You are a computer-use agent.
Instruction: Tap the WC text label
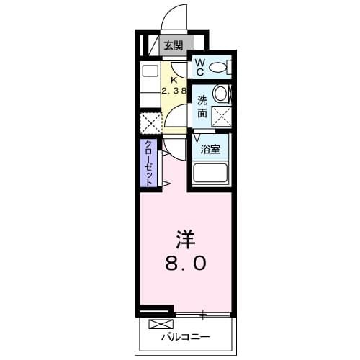(x=199, y=68)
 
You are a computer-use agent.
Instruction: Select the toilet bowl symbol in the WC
(x=219, y=68)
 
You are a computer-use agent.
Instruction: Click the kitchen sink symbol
(x=150, y=72)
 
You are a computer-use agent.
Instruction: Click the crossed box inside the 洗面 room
(x=220, y=115)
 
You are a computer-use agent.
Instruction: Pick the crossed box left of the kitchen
(x=150, y=122)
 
